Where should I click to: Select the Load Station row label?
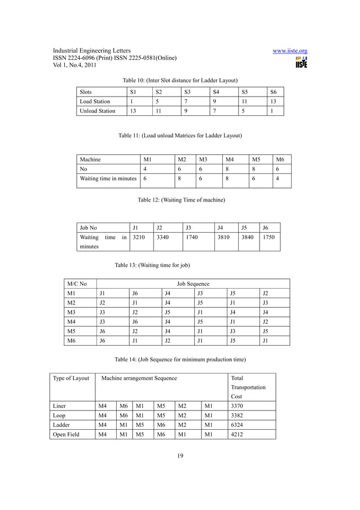pos(95,101)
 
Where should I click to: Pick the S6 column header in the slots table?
pos(274,91)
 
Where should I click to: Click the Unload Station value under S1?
pos(133,111)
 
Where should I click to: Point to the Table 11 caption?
pos(180,136)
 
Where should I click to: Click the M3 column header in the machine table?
pos(202,159)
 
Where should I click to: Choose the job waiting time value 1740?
pos(192,237)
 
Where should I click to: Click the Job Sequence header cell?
pos(193,284)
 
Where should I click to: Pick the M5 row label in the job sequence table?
pos(71,331)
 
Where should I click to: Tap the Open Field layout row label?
pos(67,434)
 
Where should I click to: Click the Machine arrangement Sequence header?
pos(139,378)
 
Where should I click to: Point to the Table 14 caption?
pos(179,359)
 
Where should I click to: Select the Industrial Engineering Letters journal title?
pos(92,51)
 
